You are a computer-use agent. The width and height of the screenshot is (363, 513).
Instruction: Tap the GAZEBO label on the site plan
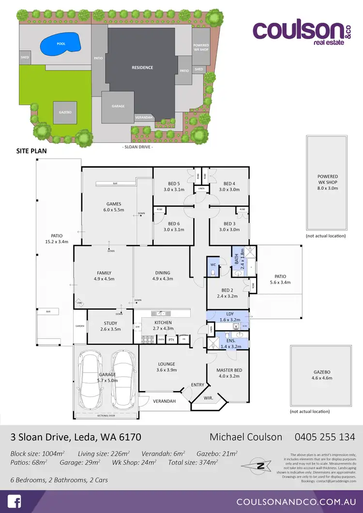(x=65, y=112)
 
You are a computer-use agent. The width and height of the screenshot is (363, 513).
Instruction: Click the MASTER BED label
(x=229, y=370)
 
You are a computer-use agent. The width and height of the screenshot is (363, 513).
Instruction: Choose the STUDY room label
(x=110, y=323)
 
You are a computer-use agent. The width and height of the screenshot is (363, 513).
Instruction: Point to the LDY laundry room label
(x=230, y=314)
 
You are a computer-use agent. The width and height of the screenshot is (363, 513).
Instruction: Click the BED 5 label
(x=174, y=184)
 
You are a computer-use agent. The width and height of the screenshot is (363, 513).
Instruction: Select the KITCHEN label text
(x=163, y=322)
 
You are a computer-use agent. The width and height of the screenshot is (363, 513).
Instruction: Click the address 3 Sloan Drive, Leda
(x=76, y=437)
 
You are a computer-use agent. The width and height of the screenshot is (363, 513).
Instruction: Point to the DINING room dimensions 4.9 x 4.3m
(x=162, y=279)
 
